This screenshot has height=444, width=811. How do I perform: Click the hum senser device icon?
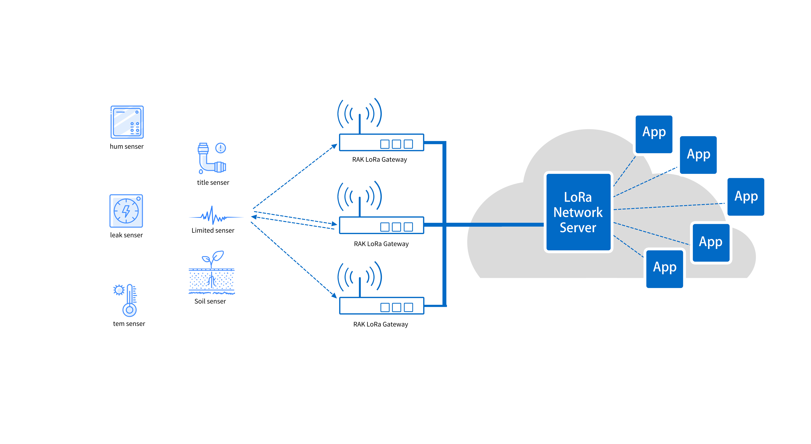(127, 122)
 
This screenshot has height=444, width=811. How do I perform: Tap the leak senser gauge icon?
(126, 211)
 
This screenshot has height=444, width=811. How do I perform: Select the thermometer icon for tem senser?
(129, 301)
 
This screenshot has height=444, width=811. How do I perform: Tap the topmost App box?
(654, 134)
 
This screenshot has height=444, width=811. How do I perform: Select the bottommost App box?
(664, 269)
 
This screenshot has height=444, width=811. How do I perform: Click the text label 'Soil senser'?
(210, 301)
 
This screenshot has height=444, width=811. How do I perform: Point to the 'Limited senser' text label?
(213, 230)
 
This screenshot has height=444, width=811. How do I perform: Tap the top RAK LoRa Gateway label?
(379, 160)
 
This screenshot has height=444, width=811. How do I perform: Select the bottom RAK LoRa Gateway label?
(380, 324)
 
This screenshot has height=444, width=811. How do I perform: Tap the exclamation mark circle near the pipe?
(220, 148)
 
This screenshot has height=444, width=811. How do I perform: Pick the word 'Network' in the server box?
(578, 212)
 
